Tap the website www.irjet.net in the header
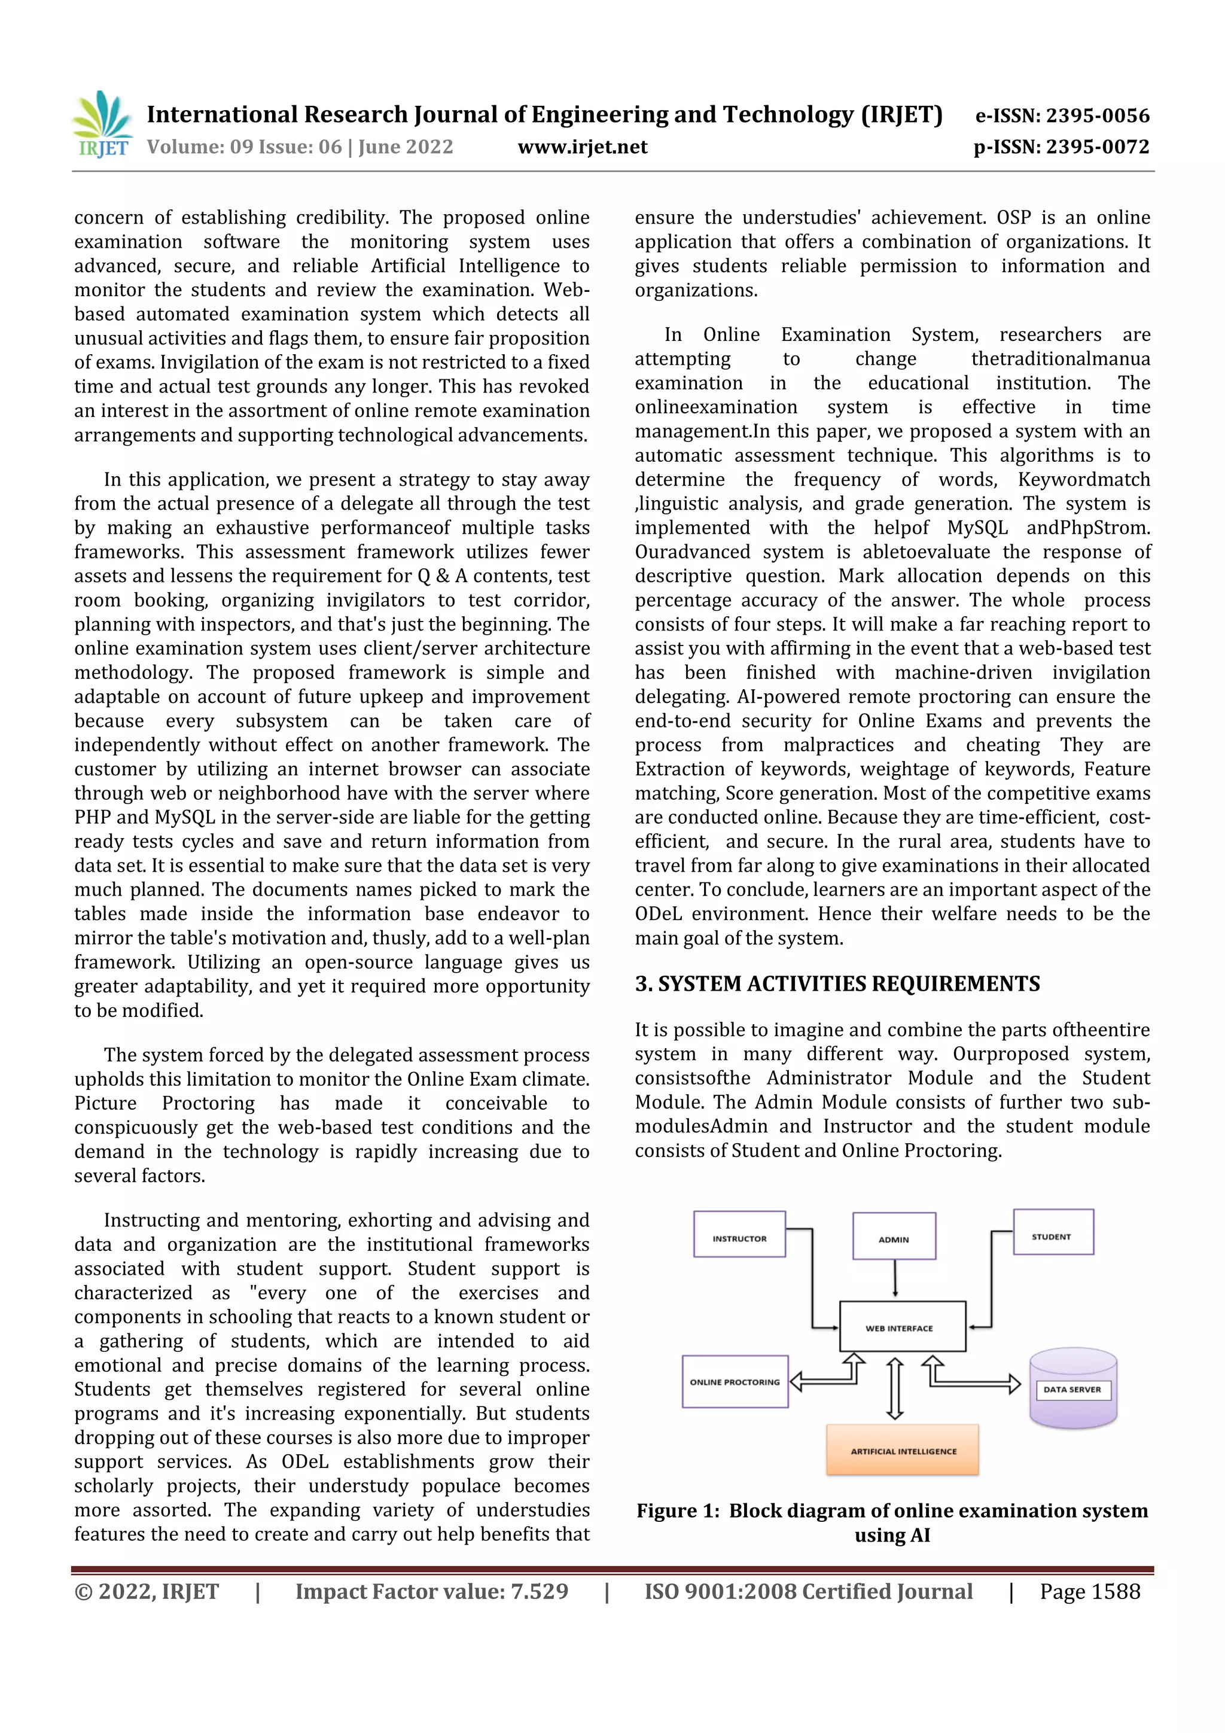582,147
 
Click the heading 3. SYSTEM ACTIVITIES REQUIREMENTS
837,983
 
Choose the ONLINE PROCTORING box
735,1382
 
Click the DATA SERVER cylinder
1072,1389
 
